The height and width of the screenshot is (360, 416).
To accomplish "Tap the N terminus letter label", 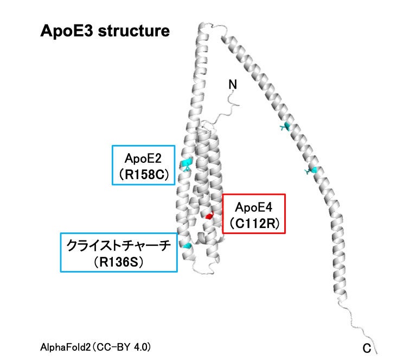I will pos(232,85).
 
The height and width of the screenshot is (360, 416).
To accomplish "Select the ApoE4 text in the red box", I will pos(254,207).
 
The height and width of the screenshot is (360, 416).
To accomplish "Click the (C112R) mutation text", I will pos(254,223).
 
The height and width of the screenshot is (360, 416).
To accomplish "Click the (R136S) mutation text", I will pos(118,262).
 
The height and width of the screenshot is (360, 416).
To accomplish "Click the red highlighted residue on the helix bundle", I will pos(209,216).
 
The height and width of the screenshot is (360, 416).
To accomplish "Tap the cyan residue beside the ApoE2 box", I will pos(187,163).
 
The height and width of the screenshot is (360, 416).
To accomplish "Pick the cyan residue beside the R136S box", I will pos(187,246).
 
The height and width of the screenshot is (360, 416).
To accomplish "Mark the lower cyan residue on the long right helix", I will pos(311,171).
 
